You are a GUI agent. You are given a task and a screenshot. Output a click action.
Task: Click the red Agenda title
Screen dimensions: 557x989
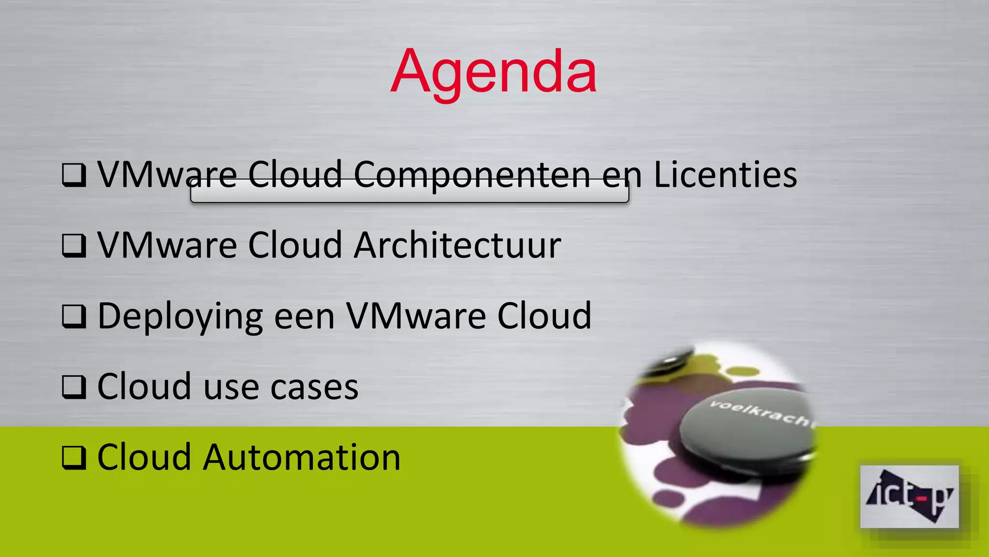click(494, 73)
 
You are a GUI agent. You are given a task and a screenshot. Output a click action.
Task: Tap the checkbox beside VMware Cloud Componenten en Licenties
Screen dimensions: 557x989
click(74, 175)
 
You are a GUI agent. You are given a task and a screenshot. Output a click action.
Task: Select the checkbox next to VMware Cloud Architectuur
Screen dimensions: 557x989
click(74, 246)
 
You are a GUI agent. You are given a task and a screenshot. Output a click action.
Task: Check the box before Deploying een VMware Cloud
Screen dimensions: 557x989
click(74, 316)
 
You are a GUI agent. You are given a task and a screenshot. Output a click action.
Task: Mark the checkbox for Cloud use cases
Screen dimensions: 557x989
click(74, 387)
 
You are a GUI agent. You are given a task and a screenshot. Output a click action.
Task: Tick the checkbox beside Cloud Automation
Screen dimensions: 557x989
click(74, 457)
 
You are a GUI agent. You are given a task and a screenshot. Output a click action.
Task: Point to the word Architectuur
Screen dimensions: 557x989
click(457, 245)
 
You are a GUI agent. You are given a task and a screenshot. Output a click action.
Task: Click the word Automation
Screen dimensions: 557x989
click(301, 457)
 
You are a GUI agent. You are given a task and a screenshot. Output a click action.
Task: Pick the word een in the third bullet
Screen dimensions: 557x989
click(304, 317)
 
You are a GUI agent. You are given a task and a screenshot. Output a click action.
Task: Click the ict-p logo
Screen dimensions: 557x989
click(909, 497)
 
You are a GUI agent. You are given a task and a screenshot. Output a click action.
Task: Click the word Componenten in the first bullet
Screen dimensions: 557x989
click(472, 175)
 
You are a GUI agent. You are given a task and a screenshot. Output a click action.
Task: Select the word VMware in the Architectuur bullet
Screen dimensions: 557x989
click(167, 245)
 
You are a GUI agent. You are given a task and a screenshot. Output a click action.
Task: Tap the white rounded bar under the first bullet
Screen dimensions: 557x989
click(410, 192)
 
